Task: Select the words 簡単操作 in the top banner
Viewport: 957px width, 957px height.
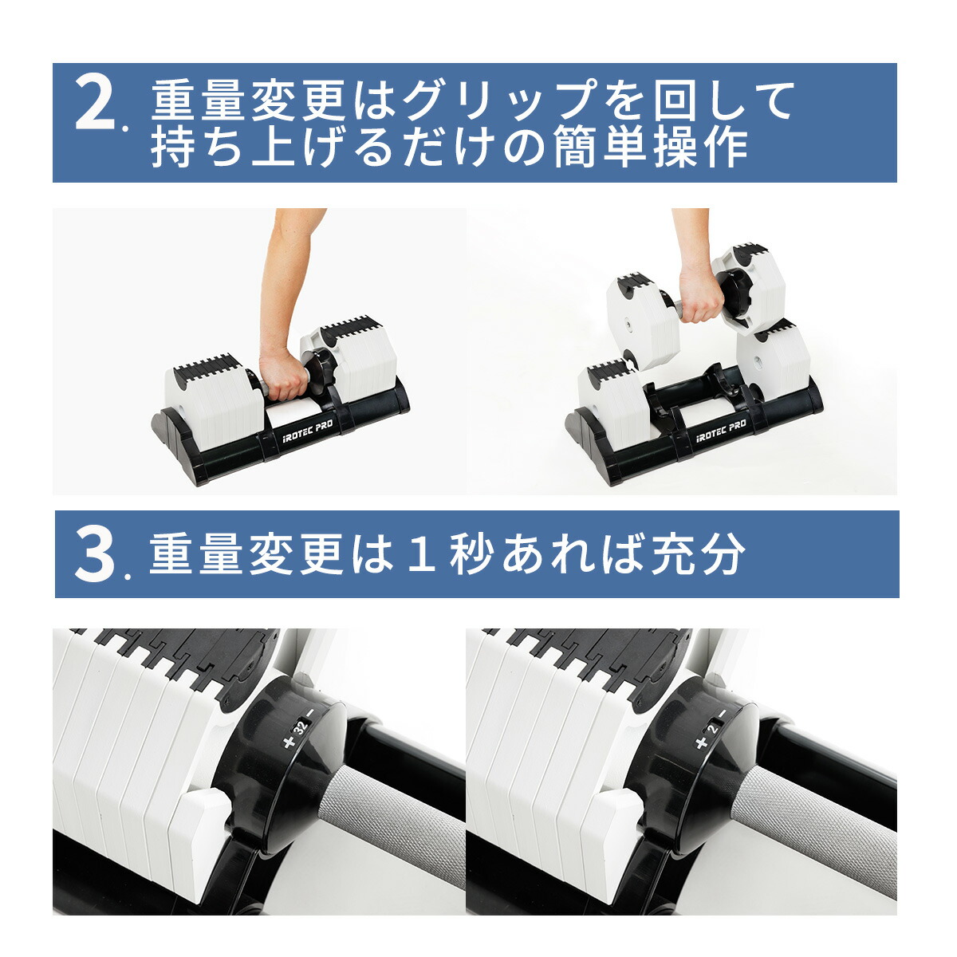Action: point(650,148)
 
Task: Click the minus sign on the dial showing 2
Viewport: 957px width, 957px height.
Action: point(723,713)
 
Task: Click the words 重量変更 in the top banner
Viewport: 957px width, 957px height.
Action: point(248,101)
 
